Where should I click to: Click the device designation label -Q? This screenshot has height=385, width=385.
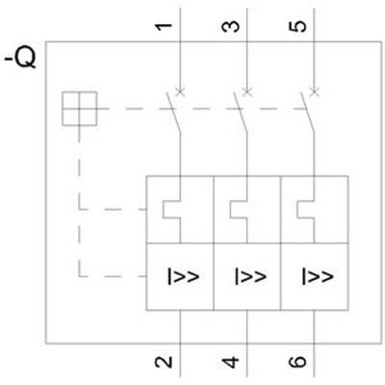point(20,60)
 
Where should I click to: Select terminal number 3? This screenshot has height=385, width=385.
point(231,27)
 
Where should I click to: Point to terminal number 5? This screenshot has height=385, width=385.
point(297,27)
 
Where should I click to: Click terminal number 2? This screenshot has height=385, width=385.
point(164,362)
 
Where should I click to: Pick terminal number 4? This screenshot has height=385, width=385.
point(231,362)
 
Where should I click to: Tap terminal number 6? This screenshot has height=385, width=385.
point(297,362)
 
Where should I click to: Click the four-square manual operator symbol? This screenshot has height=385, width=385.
point(79,109)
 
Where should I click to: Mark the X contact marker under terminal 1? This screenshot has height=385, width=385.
point(180,91)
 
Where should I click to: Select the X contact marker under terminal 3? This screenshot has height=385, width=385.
point(247,91)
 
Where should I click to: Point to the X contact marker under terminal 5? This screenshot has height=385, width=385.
point(315,91)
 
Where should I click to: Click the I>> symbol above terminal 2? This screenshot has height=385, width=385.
point(183,276)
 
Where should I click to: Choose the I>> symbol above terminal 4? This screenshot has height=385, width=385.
point(250,276)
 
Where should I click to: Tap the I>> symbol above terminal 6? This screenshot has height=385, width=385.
point(318,276)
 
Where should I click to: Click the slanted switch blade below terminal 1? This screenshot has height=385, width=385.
point(173,113)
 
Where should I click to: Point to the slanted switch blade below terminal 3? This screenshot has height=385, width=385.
point(241,113)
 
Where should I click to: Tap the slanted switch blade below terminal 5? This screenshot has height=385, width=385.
point(307,113)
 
